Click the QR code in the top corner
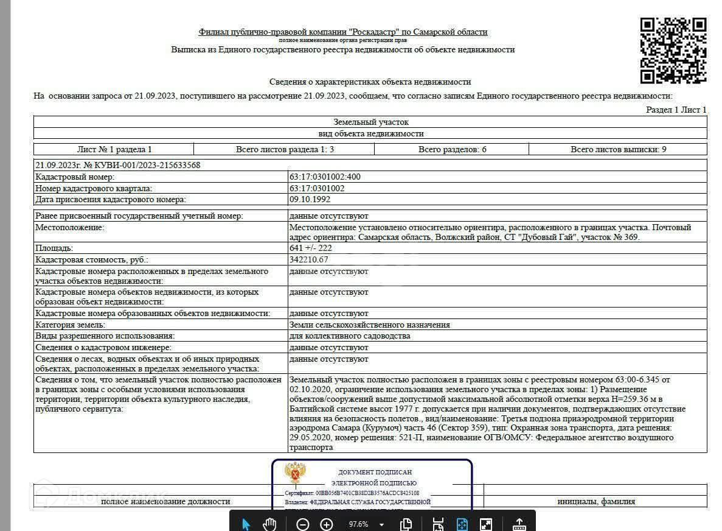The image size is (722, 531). (673, 51)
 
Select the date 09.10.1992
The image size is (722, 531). (310, 199)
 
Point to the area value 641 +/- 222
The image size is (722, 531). (311, 248)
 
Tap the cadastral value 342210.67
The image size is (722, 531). (313, 259)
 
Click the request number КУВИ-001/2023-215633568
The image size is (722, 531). (117, 165)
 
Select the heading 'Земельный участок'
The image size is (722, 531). (371, 122)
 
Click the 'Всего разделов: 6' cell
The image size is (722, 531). (452, 149)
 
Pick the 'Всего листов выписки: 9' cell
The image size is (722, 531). (618, 149)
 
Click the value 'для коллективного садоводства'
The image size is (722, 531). (350, 336)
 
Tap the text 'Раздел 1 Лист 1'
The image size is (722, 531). (676, 110)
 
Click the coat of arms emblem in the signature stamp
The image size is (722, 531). (296, 473)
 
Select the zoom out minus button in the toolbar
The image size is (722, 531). (303, 524)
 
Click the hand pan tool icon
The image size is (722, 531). (269, 524)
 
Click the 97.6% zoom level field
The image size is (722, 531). (358, 524)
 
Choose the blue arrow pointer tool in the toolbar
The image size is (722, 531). (246, 524)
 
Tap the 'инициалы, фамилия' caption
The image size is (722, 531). (596, 502)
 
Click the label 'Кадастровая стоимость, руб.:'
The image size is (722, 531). (92, 259)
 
